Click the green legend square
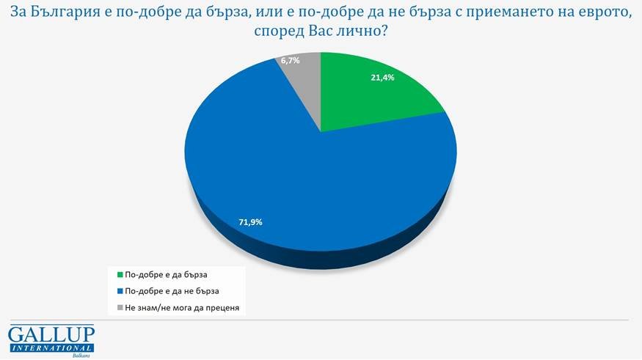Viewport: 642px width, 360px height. pos(119,276)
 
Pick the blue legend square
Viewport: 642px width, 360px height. pos(119,292)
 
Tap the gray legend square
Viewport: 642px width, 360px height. pos(119,308)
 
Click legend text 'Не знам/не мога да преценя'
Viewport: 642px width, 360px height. pos(182,308)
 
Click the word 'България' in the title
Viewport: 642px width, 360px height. pos(68,13)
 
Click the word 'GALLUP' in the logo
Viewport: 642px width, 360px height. pos(51,334)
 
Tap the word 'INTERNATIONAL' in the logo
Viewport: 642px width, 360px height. pos(51,348)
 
